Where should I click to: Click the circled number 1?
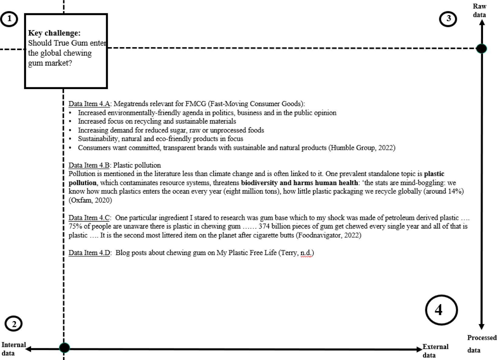9,19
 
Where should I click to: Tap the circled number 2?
14,324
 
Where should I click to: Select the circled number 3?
448,19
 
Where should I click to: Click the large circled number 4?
441,310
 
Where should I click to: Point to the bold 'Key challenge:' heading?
54,33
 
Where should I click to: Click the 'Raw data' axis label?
479,11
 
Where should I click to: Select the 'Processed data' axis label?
482,344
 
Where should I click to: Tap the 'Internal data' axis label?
13,349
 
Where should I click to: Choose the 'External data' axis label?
435,351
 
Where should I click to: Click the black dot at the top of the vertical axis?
482,48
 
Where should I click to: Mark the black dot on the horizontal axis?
64,348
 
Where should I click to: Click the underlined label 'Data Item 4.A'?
89,104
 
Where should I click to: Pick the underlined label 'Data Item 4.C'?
89,218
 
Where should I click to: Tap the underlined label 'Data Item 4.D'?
89,253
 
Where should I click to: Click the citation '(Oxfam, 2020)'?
90,200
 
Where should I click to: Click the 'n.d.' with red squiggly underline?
306,253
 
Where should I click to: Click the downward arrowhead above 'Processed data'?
482,327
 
